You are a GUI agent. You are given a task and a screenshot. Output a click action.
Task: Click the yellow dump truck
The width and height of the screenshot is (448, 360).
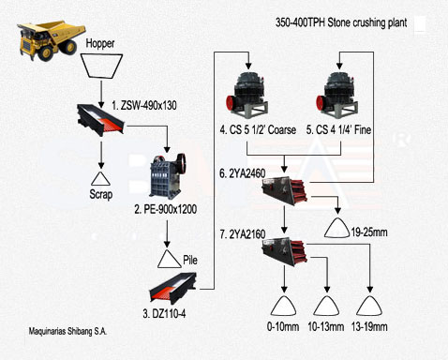click(x=52, y=40)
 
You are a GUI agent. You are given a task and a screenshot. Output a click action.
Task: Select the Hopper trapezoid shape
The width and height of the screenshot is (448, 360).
click(x=101, y=66)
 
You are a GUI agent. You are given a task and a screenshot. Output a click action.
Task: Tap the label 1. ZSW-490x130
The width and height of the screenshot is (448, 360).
click(x=144, y=105)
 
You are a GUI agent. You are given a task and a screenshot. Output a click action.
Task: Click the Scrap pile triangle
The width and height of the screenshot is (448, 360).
click(x=100, y=178)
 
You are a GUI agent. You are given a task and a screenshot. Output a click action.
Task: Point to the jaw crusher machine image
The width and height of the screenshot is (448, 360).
click(x=168, y=176)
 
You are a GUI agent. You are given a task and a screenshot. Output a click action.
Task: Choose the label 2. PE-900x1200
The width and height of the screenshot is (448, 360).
click(x=166, y=209)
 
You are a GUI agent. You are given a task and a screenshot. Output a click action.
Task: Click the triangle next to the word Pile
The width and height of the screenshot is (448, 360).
click(x=169, y=259)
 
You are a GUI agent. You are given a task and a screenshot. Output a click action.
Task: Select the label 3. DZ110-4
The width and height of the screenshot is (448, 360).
click(x=164, y=313)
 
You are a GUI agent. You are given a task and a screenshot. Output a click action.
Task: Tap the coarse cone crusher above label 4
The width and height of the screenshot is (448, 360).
click(x=247, y=95)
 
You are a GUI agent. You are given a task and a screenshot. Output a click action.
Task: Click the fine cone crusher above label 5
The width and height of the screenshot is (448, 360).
click(x=337, y=95)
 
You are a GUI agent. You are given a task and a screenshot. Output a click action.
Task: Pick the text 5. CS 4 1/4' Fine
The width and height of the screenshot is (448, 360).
click(x=338, y=129)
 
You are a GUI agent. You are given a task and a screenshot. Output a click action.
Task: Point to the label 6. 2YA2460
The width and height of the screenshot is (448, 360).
click(x=243, y=173)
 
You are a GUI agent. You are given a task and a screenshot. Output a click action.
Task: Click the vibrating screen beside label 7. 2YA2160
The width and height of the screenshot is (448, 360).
click(x=284, y=251)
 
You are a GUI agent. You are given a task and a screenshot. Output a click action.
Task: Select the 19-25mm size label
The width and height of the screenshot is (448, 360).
click(x=369, y=232)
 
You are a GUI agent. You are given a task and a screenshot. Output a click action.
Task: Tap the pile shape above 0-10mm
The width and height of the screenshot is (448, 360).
click(x=283, y=305)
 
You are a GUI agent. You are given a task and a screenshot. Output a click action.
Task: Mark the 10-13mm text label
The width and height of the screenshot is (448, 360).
click(x=326, y=327)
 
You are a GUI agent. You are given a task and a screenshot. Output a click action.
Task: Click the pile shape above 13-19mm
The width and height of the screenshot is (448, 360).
click(x=369, y=305)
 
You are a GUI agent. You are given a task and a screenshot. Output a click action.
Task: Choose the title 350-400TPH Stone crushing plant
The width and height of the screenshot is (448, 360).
click(x=341, y=22)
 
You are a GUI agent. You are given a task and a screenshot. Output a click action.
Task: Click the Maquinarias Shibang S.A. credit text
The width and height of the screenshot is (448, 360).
click(x=67, y=331)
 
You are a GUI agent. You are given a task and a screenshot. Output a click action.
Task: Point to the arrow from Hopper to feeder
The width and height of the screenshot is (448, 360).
click(x=101, y=95)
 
